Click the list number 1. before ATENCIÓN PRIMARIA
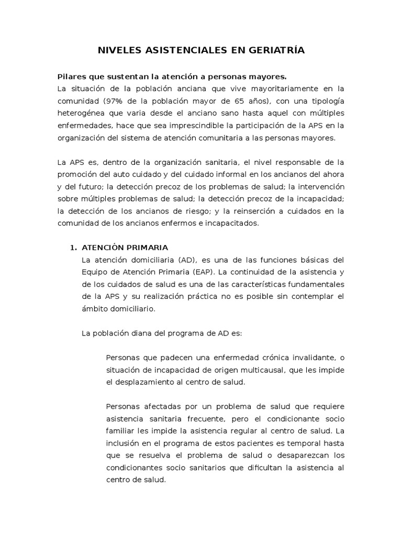(74, 248)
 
